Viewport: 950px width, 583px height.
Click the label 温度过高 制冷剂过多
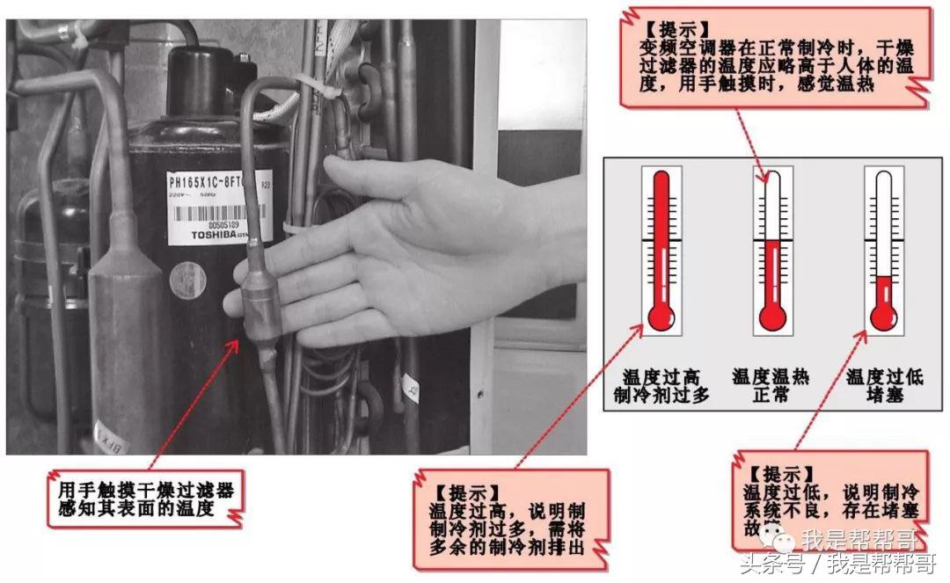pyautogui.click(x=661, y=386)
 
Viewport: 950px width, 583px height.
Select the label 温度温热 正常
pyautogui.click(x=771, y=386)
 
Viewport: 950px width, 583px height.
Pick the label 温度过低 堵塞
pyautogui.click(x=884, y=386)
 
